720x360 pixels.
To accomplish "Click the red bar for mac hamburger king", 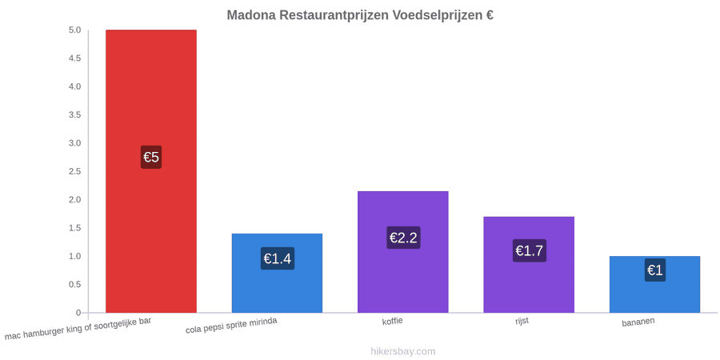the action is tap(151, 171).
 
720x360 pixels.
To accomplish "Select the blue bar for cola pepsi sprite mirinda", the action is tap(277, 274).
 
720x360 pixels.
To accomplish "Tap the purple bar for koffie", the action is tap(402, 252).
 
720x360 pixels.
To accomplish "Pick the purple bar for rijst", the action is tap(529, 265).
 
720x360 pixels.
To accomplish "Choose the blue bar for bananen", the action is tap(654, 285).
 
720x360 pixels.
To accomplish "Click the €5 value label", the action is tap(151, 157).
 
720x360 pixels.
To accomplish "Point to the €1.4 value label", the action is tap(278, 258).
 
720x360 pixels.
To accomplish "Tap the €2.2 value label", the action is tap(403, 238).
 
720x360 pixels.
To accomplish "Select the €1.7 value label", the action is tap(529, 250).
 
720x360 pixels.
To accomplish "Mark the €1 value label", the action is tap(654, 270).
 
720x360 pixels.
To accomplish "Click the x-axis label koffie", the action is tap(393, 321).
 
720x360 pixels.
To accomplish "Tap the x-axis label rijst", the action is tap(522, 321).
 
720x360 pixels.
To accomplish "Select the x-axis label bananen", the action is tap(638, 322).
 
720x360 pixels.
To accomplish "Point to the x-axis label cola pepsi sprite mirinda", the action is tap(231, 326).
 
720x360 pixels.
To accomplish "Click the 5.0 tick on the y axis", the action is tap(75, 30).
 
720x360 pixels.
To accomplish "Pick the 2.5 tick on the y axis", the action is tap(75, 171).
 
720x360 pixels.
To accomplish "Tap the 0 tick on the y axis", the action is tap(78, 313).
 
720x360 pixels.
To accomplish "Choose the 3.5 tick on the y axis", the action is tap(75, 114).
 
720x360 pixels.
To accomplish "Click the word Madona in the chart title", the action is tap(250, 14).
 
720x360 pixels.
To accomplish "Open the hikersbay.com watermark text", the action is tap(403, 351).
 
